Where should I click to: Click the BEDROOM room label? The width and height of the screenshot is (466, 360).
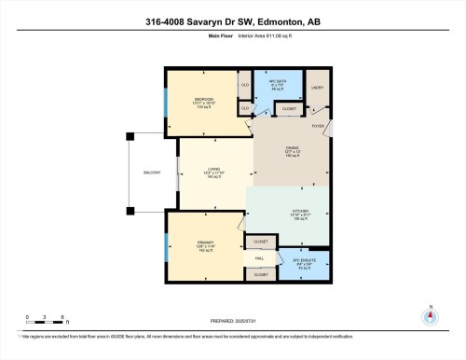click(x=204, y=98)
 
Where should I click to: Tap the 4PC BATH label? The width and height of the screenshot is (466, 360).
click(x=275, y=82)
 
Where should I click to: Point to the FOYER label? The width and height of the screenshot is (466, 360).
click(x=317, y=123)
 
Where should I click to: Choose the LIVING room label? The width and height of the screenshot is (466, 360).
click(x=213, y=170)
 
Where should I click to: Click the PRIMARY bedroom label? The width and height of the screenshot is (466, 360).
click(x=204, y=243)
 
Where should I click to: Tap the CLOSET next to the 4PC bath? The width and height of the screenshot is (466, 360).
click(x=290, y=107)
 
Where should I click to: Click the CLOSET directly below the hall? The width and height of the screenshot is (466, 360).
click(x=260, y=275)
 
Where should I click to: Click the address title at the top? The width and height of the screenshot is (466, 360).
click(x=232, y=22)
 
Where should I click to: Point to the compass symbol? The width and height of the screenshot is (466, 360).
click(x=430, y=316)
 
